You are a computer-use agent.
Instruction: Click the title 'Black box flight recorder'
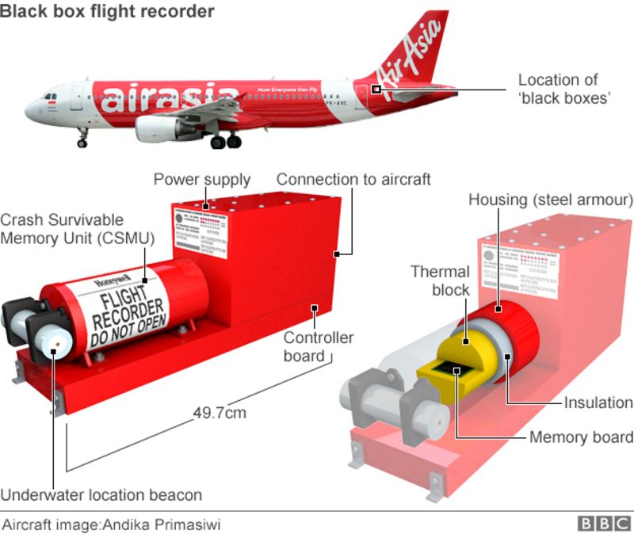click(107, 11)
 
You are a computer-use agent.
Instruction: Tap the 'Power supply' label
click(201, 179)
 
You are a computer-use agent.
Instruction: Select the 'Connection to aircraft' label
click(353, 179)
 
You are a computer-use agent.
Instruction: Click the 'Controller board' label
click(319, 347)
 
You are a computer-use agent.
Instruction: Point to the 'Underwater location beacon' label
click(101, 495)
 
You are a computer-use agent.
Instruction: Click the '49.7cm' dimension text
click(220, 412)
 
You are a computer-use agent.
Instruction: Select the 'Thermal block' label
click(440, 281)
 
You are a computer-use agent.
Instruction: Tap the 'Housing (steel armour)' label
click(550, 199)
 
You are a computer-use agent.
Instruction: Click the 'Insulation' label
click(598, 403)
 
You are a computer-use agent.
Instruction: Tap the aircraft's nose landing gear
click(82, 140)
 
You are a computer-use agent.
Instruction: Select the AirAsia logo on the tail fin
click(412, 55)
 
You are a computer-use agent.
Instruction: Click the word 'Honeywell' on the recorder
click(110, 281)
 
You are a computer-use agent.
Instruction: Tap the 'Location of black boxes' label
click(558, 89)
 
